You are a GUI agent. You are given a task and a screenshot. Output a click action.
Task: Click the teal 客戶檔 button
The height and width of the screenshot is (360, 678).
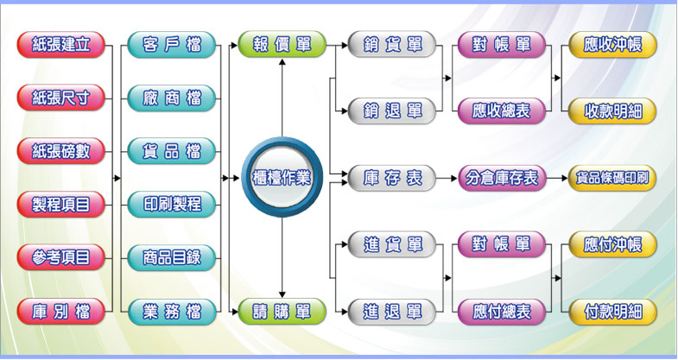click(x=171, y=45)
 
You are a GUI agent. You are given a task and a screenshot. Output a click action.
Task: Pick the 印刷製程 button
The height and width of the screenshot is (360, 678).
click(x=171, y=205)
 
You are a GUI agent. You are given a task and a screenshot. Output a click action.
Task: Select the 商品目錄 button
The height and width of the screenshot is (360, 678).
click(x=171, y=257)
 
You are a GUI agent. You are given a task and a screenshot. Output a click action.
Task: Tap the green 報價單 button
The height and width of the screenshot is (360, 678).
click(x=282, y=45)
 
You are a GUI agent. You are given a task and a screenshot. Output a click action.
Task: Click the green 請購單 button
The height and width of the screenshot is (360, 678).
click(x=282, y=311)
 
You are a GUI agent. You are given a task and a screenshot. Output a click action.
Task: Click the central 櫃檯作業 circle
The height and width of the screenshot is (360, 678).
click(x=282, y=178)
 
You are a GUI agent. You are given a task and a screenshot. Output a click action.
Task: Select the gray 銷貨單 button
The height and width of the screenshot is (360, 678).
click(x=392, y=45)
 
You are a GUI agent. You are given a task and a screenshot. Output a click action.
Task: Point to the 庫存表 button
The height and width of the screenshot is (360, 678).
click(x=392, y=179)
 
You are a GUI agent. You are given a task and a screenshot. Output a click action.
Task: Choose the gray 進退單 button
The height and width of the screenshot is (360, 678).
click(x=392, y=311)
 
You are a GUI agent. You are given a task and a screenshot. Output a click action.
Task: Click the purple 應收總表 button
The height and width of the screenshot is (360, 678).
click(x=502, y=111)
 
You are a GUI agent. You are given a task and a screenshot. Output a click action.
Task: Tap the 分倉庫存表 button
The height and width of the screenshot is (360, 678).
click(x=502, y=179)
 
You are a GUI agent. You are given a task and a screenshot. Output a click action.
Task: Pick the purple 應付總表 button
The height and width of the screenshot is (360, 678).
click(x=502, y=311)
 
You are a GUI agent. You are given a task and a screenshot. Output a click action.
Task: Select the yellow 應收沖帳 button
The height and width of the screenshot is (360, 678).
click(x=612, y=45)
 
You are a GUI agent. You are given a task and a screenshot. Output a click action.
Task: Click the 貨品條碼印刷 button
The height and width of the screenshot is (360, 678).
click(x=612, y=179)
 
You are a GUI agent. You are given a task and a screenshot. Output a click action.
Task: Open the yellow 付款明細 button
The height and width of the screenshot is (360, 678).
click(x=612, y=311)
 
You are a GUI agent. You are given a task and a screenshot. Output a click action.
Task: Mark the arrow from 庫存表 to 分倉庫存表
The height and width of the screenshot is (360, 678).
click(x=447, y=179)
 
